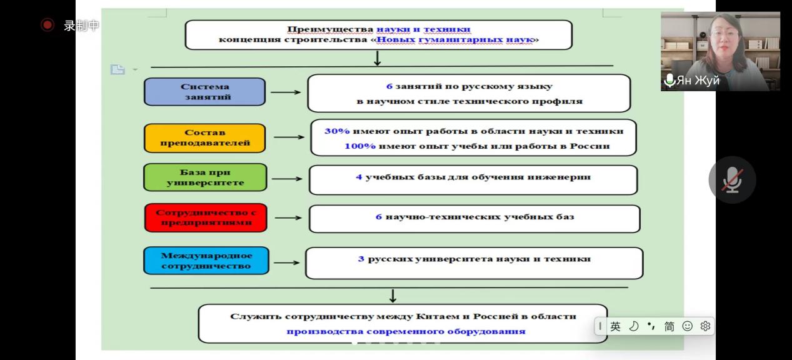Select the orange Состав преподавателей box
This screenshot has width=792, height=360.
(x=205, y=137)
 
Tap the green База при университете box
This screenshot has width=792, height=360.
(x=205, y=177)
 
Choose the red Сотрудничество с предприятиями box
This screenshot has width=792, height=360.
(x=206, y=217)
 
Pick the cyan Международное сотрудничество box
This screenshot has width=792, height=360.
(x=206, y=261)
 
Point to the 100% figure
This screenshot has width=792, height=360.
(x=359, y=146)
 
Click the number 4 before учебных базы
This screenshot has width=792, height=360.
(x=359, y=177)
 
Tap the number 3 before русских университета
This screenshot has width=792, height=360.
(x=361, y=259)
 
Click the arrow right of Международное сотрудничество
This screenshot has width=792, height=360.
(x=287, y=262)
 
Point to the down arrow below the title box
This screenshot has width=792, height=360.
(x=377, y=58)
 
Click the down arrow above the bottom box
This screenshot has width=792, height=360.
(x=393, y=295)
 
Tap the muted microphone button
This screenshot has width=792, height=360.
(x=732, y=180)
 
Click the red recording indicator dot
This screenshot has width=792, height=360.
(x=48, y=25)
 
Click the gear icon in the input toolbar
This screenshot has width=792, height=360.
(x=706, y=326)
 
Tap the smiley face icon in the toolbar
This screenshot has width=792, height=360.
(x=688, y=326)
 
